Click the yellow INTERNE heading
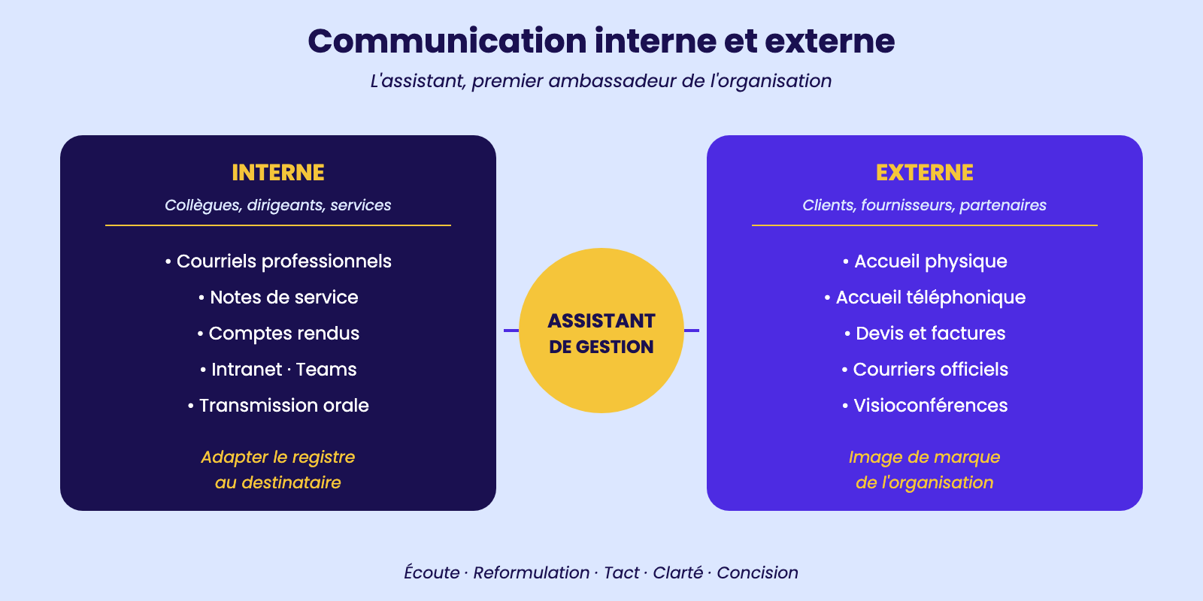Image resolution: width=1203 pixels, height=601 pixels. click(277, 173)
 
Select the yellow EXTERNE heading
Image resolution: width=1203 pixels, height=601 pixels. click(924, 173)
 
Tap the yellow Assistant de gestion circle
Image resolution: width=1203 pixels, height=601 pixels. click(601, 331)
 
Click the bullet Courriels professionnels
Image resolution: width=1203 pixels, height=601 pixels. click(278, 261)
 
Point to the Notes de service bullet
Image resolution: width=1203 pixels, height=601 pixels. click(278, 297)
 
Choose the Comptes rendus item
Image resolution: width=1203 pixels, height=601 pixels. click(278, 334)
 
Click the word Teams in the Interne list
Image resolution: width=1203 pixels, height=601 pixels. click(326, 369)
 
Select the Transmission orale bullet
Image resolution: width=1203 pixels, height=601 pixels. click(278, 405)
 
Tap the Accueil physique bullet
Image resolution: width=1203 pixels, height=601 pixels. click(925, 261)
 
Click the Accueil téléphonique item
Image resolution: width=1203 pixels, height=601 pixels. click(925, 297)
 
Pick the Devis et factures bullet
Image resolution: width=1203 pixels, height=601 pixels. click(925, 334)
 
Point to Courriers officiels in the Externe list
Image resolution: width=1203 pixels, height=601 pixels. click(925, 369)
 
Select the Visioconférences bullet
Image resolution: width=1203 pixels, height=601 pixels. click(925, 405)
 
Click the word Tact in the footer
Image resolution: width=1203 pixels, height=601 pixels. click(621, 572)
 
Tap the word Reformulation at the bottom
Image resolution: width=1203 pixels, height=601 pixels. click(531, 572)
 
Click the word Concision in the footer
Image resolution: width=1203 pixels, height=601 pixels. click(758, 572)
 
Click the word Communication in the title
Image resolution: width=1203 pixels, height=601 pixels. click(447, 41)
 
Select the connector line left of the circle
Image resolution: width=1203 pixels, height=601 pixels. click(511, 331)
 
